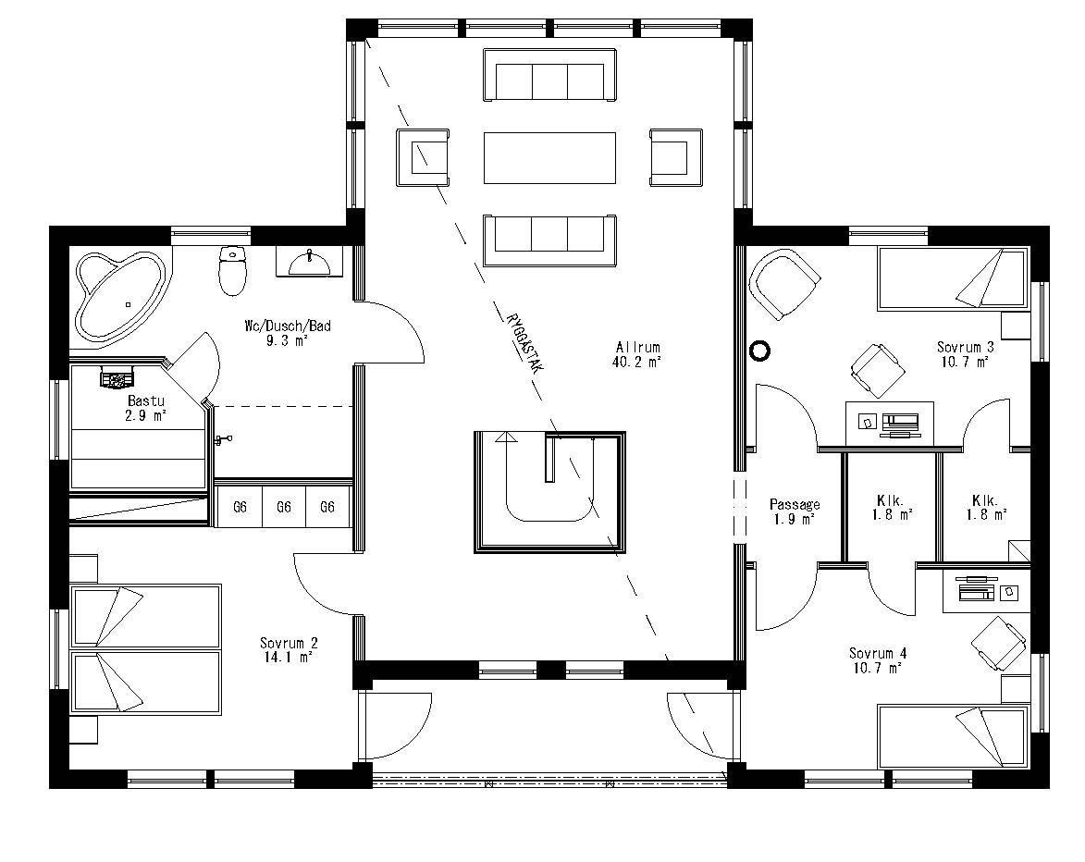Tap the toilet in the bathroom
point(232,269)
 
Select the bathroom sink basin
point(309,264)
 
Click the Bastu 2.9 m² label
point(146,409)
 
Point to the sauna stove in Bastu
point(117,377)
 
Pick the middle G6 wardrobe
point(284,507)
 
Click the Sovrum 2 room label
point(288,649)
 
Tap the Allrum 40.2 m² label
point(637,355)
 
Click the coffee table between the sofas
point(549,157)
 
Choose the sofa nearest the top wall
point(549,76)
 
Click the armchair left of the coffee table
point(424,157)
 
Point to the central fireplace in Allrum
point(550,491)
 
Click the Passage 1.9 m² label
point(795,511)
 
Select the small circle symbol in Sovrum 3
point(760,351)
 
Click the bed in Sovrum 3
point(951,278)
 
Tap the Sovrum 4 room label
point(878,660)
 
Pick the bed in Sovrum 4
point(951,735)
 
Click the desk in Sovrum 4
point(984,591)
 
